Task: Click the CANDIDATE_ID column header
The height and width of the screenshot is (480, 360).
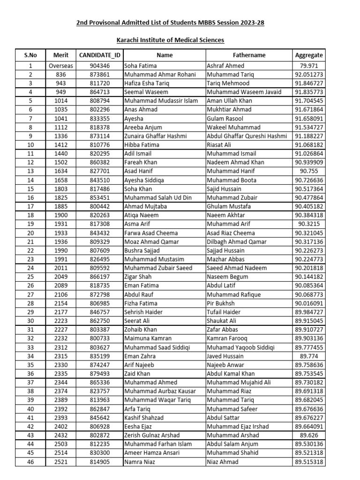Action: pos(100,55)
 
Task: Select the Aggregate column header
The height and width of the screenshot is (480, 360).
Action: pos(309,55)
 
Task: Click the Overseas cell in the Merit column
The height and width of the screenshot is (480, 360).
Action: pos(61,66)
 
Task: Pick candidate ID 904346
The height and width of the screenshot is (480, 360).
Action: pos(100,66)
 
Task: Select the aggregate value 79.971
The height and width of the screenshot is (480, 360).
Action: pos(309,66)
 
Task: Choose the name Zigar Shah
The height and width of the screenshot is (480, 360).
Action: pos(138,277)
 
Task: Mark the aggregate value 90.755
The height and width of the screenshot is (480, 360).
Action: pos(309,171)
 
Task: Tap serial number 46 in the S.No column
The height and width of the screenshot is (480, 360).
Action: pos(30,462)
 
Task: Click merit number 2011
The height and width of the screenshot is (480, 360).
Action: pos(61,268)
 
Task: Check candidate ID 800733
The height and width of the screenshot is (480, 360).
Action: pos(100,338)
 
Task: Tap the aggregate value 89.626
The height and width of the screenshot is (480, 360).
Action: pos(309,435)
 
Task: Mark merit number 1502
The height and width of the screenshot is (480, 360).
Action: pos(61,163)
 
